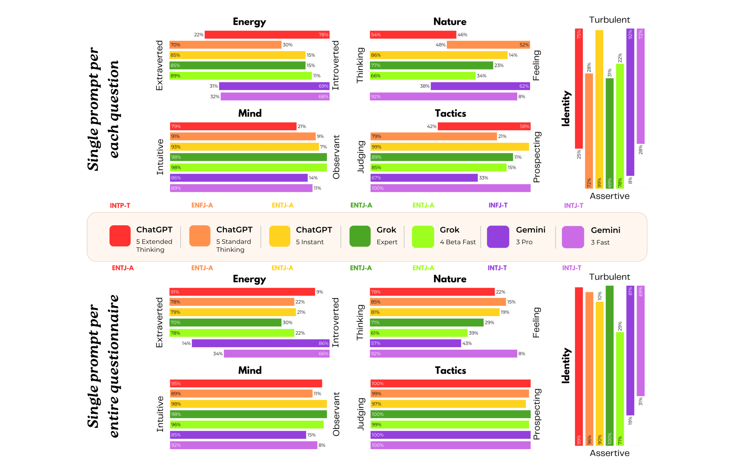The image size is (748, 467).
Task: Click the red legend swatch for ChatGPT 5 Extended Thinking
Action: (120, 236)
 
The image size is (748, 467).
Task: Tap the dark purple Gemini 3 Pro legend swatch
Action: (498, 237)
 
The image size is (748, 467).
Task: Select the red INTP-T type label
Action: (120, 206)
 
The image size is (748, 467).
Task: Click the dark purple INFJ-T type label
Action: (498, 205)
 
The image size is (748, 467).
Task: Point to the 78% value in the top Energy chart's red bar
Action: (323, 35)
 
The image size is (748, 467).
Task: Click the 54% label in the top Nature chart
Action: (376, 35)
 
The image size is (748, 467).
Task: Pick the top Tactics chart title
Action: (450, 113)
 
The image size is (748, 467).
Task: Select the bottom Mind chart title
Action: (250, 370)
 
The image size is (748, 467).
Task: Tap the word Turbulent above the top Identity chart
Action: (609, 20)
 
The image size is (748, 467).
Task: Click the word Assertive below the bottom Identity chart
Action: (609, 453)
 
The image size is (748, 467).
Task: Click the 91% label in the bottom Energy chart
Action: (175, 292)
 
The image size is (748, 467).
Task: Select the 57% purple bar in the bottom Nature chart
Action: (415, 343)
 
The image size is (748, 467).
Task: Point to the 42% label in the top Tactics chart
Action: (431, 127)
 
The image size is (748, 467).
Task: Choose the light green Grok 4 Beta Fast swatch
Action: (423, 237)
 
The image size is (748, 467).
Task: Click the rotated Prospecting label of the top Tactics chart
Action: (536, 157)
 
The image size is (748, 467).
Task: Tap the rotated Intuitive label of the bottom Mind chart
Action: (160, 414)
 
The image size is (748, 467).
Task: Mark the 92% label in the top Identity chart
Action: (630, 34)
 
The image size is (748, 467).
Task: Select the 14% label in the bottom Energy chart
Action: (186, 343)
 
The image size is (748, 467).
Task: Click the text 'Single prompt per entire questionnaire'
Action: (103, 366)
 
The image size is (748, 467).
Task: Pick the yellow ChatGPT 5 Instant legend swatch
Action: (280, 236)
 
